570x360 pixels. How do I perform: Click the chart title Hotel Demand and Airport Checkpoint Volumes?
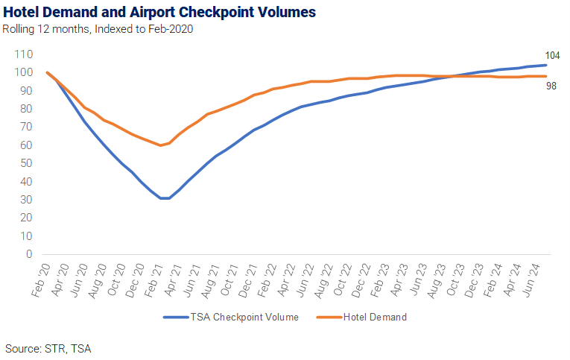tap(159, 12)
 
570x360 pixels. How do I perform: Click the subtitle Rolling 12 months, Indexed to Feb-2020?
tap(98, 29)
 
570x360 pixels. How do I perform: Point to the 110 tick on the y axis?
tap(24, 54)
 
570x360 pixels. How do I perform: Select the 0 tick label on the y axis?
tap(29, 254)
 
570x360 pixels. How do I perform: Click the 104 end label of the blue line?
tap(552, 56)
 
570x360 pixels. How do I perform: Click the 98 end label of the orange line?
tap(551, 86)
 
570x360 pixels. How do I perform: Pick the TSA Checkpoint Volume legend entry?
tap(231, 317)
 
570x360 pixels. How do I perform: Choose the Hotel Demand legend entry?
tap(361, 317)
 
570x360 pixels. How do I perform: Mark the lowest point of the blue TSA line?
tap(165, 198)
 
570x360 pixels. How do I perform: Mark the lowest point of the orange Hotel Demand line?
tap(160, 145)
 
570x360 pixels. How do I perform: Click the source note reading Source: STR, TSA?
tap(48, 349)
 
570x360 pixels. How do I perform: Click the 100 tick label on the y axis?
tap(24, 72)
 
